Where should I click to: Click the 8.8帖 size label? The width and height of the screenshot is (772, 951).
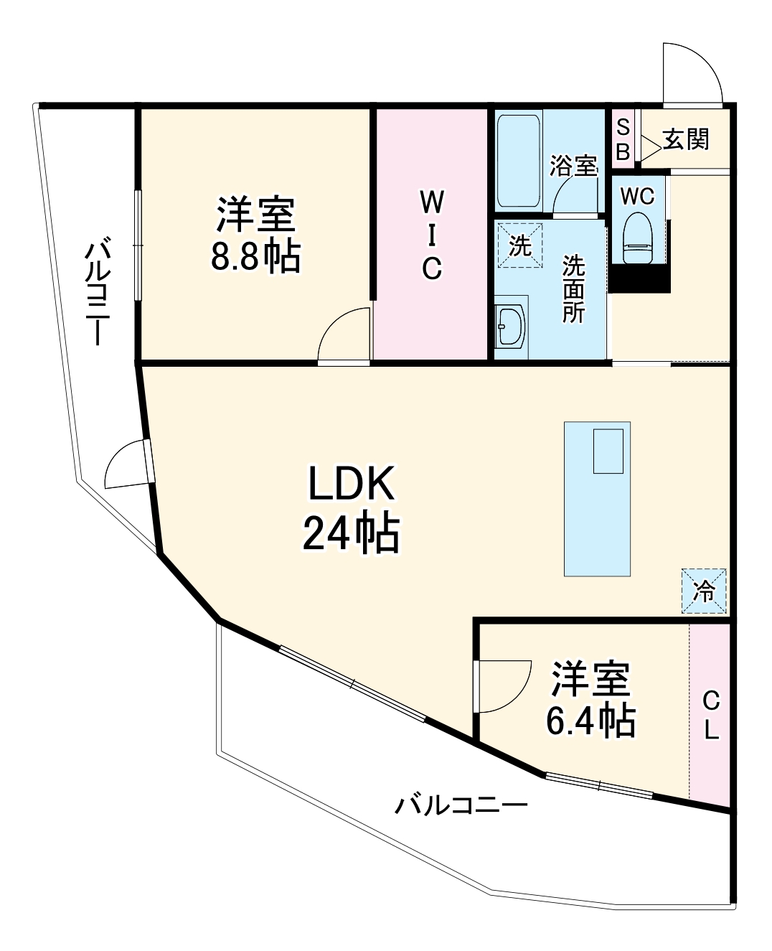(255, 256)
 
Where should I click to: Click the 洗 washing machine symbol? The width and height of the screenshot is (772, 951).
(519, 245)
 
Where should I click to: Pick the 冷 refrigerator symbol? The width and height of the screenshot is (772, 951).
(704, 591)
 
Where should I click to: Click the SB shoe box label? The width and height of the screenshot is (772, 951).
(623, 140)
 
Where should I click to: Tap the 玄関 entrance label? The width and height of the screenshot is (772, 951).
(686, 139)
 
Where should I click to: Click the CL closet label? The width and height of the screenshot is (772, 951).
(710, 714)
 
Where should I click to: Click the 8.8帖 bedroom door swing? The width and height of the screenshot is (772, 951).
(345, 334)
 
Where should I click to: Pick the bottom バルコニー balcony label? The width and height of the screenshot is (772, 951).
(461, 805)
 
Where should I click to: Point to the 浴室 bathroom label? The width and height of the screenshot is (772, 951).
(573, 166)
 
